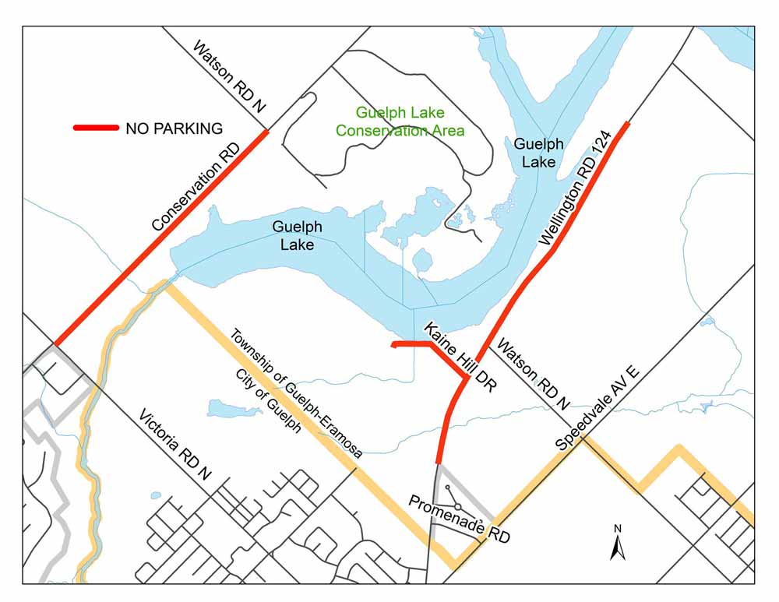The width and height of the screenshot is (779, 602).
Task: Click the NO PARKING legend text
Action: pyautogui.click(x=174, y=128)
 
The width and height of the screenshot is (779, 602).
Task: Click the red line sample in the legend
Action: pyautogui.click(x=95, y=128)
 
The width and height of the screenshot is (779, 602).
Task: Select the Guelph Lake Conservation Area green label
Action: pyautogui.click(x=400, y=121)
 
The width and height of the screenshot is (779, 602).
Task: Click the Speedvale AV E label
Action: pyautogui.click(x=597, y=407)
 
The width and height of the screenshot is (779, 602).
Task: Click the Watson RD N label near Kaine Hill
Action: pyautogui.click(x=534, y=374)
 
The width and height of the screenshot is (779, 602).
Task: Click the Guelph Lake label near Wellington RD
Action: pyautogui.click(x=538, y=153)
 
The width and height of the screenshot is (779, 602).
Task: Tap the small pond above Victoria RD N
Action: pyautogui.click(x=224, y=408)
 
